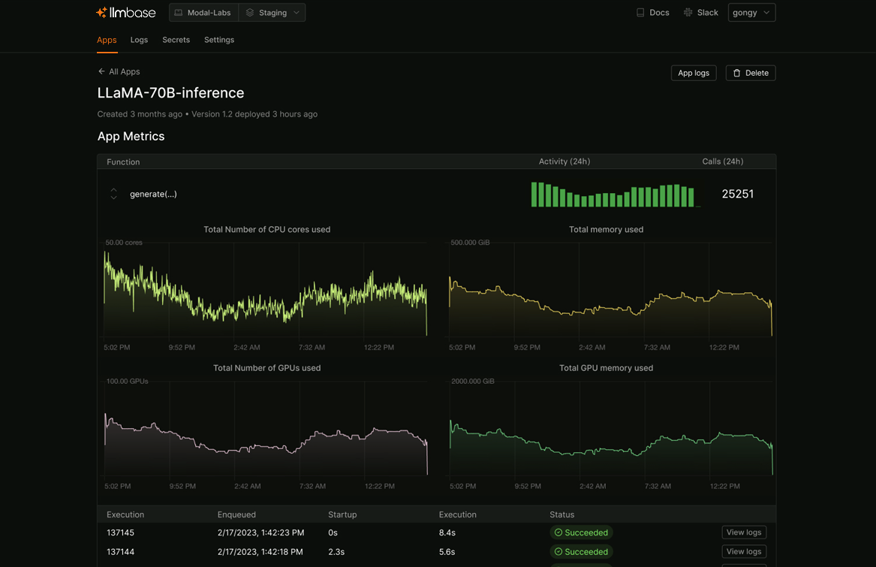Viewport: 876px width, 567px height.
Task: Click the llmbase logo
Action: (126, 13)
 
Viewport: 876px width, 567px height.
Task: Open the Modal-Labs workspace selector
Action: (203, 13)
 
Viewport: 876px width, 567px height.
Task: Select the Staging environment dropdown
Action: (272, 13)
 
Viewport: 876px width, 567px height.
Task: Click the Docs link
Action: (652, 13)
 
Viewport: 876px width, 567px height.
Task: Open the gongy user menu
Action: (751, 13)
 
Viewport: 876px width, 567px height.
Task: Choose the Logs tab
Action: (139, 40)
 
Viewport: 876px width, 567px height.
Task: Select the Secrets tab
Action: (176, 40)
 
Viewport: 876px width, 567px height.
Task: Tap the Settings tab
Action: (219, 40)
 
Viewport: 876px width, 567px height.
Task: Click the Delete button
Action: (751, 73)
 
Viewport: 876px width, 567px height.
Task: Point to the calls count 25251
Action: (737, 194)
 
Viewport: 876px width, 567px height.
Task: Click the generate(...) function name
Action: (153, 194)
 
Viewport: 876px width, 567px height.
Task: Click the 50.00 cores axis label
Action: (124, 243)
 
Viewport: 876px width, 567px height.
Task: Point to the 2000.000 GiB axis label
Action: (473, 382)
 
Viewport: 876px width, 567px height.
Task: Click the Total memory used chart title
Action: (606, 230)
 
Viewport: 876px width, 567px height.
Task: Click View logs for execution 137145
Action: (744, 532)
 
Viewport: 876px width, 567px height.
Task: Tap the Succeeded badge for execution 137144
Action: (581, 552)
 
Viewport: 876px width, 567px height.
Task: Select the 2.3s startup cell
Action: (336, 552)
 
